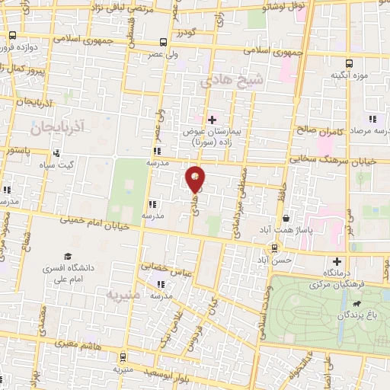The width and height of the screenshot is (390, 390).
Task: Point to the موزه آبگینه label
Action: point(349,76)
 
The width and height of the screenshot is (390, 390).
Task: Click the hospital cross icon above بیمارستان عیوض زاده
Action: point(212,119)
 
